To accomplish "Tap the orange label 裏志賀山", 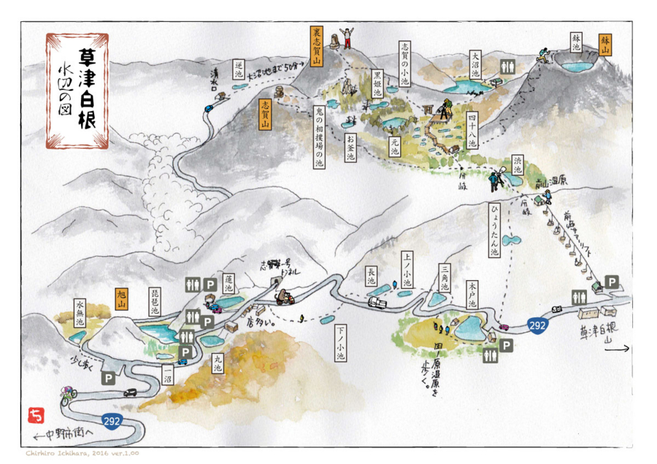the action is pos(316,46).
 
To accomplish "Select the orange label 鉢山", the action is pos(605,45).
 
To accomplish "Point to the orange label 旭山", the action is pos(122,298).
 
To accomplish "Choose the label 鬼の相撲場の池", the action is pos(319,137).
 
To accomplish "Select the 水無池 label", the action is pos(80,312).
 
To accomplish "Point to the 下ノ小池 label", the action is pos(340,343).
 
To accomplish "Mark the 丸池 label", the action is pos(218,363).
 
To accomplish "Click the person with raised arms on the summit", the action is pos(346,36).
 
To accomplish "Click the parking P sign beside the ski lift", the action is pos(611,281).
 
